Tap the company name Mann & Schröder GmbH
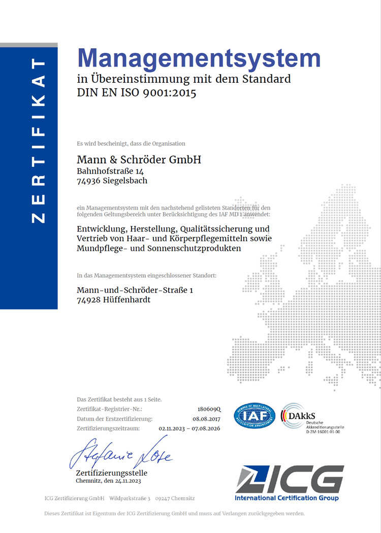[139, 159]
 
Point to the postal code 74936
[89, 180]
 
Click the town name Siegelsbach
[125, 180]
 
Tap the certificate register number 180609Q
[210, 409]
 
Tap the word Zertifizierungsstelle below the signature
[111, 474]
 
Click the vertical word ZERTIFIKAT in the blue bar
[39, 140]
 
